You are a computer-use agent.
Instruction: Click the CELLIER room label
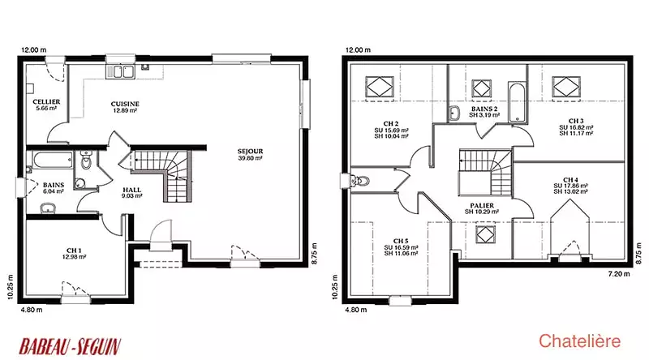46,105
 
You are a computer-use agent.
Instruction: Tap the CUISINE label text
125,107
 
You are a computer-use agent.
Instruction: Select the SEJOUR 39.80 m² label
250,154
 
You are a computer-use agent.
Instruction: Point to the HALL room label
131,193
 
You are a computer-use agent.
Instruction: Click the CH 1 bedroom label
74,253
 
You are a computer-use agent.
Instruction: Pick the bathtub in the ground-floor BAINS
53,161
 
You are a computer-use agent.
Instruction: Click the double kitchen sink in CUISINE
120,71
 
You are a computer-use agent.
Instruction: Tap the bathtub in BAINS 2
517,102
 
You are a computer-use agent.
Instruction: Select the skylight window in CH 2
380,87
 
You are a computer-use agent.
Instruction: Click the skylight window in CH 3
566,87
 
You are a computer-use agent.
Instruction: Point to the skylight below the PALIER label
484,234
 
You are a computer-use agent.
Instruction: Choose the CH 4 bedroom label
570,186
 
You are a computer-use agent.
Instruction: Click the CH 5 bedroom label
401,247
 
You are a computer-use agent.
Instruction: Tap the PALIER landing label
482,208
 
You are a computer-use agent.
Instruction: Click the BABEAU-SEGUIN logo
70,346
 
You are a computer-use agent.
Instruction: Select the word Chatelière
579,341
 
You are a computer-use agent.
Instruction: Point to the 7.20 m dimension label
619,273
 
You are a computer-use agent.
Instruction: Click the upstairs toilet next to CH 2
359,181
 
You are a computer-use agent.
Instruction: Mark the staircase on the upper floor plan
485,173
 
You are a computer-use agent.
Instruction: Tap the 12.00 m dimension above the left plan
34,49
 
